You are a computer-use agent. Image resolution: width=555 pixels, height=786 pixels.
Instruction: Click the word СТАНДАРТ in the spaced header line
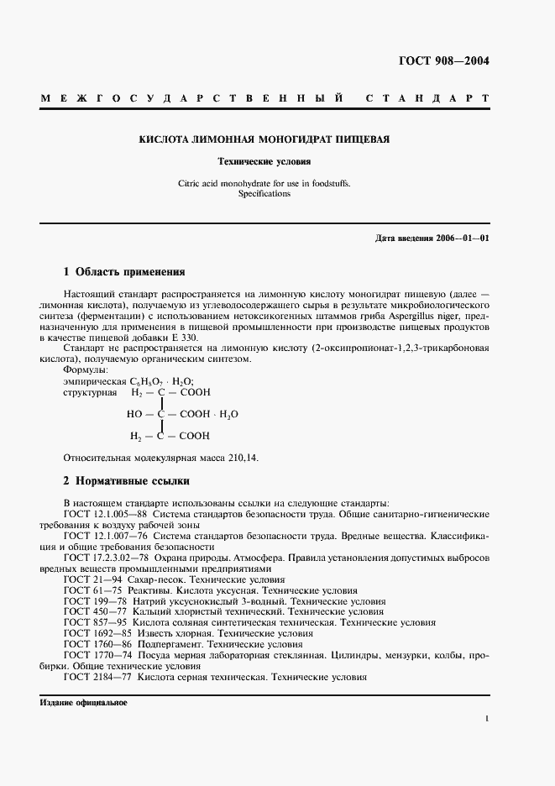pyautogui.click(x=427, y=99)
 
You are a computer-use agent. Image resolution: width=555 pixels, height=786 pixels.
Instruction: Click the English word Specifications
pyautogui.click(x=264, y=193)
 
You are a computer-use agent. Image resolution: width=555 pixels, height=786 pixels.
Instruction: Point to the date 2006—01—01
pyautogui.click(x=460, y=238)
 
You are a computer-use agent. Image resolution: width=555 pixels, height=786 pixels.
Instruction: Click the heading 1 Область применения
pyautogui.click(x=124, y=272)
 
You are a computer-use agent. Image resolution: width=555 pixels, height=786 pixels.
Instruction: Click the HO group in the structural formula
pyautogui.click(x=134, y=414)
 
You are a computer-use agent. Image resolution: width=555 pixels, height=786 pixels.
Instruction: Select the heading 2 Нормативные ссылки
pyautogui.click(x=127, y=481)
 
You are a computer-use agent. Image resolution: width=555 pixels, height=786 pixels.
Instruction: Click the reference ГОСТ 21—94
pyautogui.click(x=91, y=579)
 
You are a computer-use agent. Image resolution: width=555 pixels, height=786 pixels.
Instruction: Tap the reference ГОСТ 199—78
pyautogui.click(x=93, y=601)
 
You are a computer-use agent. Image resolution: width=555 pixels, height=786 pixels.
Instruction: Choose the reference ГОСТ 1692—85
pyautogui.click(x=96, y=633)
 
